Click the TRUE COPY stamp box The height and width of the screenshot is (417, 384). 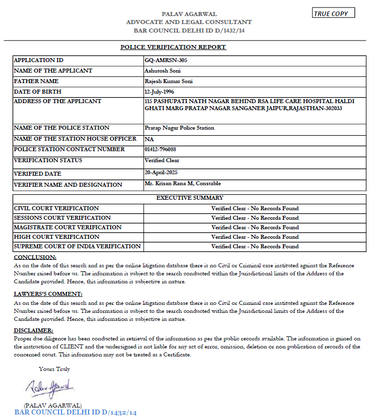(333, 14)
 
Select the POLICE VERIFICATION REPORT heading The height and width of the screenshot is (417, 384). (173, 47)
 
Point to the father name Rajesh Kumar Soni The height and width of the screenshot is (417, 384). (168, 81)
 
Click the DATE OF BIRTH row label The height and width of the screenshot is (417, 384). (38, 92)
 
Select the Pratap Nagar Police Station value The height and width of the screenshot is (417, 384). (179, 128)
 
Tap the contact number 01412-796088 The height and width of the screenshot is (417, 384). (160, 149)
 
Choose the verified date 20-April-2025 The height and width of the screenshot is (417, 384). (161, 172)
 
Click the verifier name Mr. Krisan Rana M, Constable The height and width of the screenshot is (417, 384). (182, 183)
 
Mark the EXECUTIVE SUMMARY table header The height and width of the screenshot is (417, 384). (190, 198)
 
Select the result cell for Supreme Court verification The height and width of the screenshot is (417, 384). (255, 246)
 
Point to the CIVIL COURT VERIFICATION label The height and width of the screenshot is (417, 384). (56, 208)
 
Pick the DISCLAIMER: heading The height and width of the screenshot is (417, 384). (33, 330)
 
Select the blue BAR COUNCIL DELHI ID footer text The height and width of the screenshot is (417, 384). (76, 412)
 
